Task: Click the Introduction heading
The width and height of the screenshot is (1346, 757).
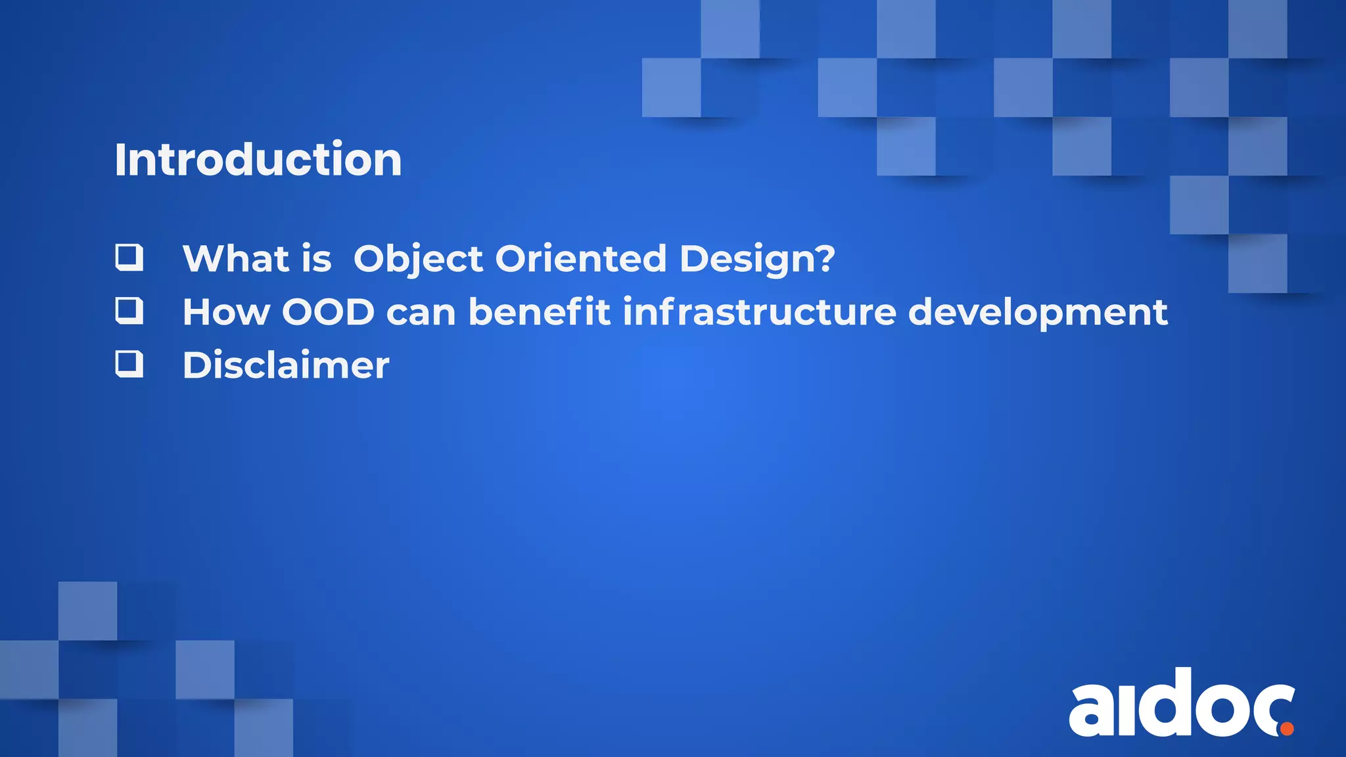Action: pos(258,160)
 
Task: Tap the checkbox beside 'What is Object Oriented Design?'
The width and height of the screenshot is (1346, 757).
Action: pos(129,257)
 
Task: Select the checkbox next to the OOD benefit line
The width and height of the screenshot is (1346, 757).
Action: pos(129,310)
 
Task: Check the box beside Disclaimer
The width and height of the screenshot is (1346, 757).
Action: pos(129,363)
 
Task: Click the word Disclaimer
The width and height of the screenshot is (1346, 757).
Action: pos(285,365)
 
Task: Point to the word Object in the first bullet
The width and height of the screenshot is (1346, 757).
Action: pos(418,259)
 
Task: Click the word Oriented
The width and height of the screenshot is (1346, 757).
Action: pos(580,258)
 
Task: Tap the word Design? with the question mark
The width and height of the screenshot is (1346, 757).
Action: pos(757,259)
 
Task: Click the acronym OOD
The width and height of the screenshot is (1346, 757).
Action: pos(328,312)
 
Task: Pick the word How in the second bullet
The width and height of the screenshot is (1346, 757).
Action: pos(226,312)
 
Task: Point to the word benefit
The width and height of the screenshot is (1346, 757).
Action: pos(539,311)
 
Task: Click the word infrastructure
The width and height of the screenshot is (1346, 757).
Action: pos(759,311)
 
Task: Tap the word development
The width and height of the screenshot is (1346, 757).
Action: pos(1038,313)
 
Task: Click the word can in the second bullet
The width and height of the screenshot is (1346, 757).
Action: pos(421,313)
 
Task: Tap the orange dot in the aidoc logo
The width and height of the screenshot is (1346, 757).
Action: pos(1287,728)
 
